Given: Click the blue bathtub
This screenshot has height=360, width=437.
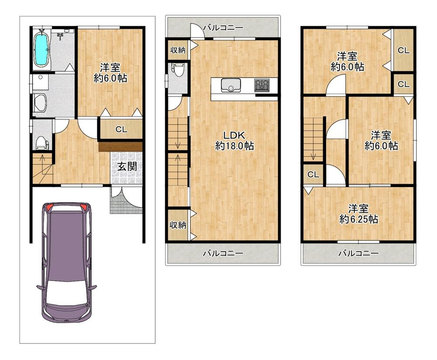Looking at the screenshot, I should point(42,49).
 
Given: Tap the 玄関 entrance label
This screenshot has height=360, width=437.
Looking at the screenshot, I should point(126,166).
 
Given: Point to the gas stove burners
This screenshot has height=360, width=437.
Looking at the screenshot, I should point(263,85).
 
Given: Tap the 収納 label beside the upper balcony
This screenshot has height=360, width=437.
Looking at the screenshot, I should point(177,50).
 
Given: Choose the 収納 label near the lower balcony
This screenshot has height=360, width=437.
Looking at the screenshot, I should point(177,225).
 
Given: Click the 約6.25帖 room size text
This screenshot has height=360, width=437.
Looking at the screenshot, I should point(358,219).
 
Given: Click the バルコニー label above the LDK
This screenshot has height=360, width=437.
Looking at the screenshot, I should point(222,27).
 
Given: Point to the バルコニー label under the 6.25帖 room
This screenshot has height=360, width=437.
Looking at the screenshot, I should point(358,253).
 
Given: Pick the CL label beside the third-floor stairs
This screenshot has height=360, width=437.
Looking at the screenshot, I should point(312,175).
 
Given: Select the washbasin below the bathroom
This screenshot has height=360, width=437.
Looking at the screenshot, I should point(40,103).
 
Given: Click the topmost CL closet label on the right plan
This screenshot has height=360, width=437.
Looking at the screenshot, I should point(403,50).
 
